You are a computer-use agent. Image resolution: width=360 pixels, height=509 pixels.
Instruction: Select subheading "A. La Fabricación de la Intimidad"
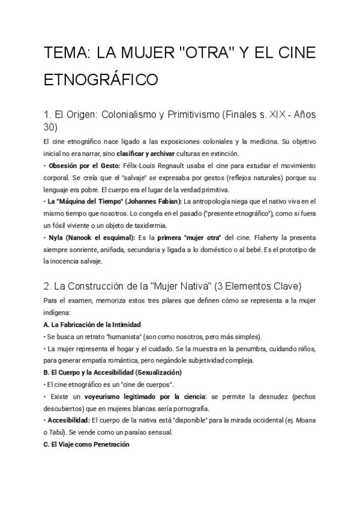click(88, 325)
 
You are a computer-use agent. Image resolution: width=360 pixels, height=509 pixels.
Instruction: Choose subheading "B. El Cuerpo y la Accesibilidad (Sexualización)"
click(109, 372)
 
